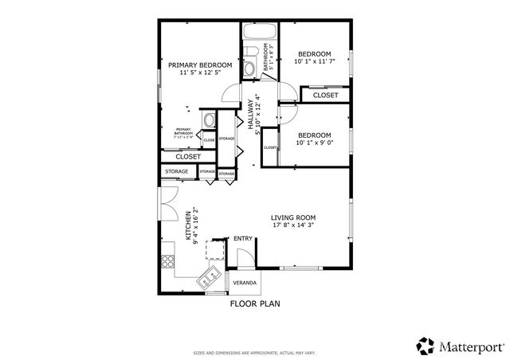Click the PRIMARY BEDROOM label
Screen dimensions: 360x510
tap(199, 65)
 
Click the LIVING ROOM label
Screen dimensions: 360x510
tap(293, 217)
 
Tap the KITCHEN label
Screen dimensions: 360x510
tap(188, 226)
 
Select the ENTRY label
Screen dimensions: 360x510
tap(243, 238)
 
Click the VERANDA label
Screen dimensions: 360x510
tap(244, 284)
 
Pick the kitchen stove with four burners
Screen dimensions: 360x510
tap(168, 260)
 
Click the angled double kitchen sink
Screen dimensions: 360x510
tap(210, 277)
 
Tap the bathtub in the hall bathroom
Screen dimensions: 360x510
tap(259, 34)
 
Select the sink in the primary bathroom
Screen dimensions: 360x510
tap(209, 121)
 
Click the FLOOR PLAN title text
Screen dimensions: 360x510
tap(255, 303)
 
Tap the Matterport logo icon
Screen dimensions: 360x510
tap(426, 346)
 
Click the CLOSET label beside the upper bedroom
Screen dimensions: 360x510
tap(325, 96)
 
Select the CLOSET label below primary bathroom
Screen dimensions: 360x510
tap(188, 157)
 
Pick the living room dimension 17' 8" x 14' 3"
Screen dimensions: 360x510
tap(293, 225)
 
